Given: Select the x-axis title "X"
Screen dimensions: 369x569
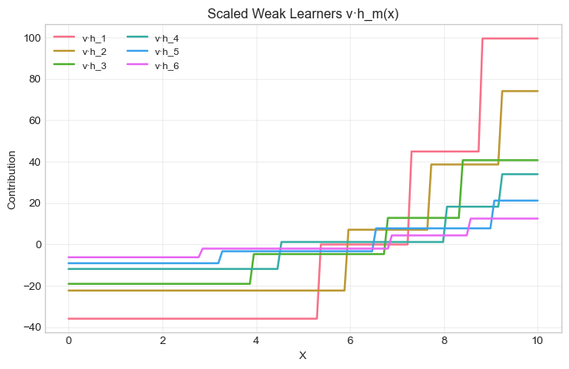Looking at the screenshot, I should pyautogui.click(x=302, y=356).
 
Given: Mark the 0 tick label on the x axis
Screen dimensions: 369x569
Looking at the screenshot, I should pyautogui.click(x=68, y=341).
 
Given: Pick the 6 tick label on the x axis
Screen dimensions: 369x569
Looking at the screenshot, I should pyautogui.click(x=350, y=341).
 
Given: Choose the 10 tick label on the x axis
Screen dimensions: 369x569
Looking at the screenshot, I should pyautogui.click(x=537, y=341).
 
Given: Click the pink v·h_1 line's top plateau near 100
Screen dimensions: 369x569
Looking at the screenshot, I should pyautogui.click(x=510, y=38).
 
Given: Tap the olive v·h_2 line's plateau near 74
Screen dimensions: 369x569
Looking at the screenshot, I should pyautogui.click(x=520, y=91).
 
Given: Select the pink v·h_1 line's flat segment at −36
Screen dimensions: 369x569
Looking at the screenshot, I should pyautogui.click(x=192, y=318).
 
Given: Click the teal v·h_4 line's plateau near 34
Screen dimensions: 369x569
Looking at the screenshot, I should pyautogui.click(x=520, y=174).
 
